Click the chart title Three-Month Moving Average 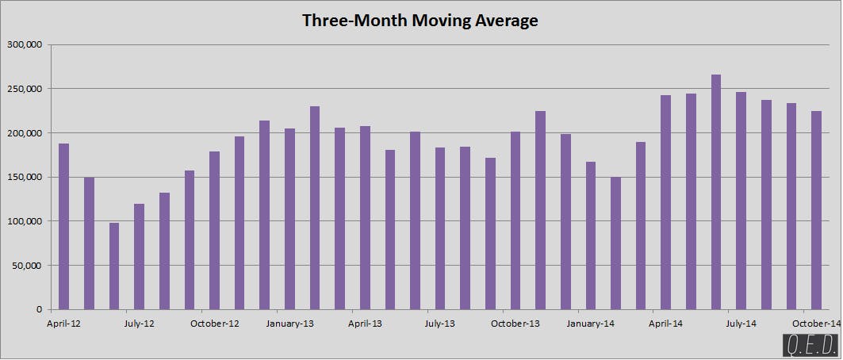[420, 21]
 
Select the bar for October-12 [214, 230]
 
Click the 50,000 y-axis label [25, 265]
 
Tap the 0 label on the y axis [38, 309]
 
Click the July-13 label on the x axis [439, 324]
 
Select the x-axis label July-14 [741, 324]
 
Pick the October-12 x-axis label [213, 324]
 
